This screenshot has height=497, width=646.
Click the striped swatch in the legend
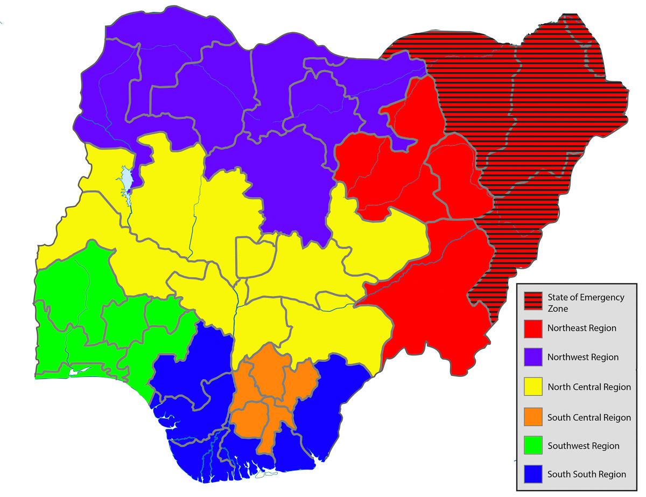[533, 302]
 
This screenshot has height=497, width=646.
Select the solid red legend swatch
[533, 328]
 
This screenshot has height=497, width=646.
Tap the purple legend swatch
[533, 357]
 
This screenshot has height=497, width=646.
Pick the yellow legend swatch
[533, 387]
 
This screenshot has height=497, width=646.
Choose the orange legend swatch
[533, 417]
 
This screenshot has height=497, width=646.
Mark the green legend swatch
[533, 446]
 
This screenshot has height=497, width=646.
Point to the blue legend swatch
[533, 474]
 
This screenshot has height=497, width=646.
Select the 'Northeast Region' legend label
[582, 328]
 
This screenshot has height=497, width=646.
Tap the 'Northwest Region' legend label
[583, 357]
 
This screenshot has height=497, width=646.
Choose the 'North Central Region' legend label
[589, 387]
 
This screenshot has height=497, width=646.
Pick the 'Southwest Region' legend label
[583, 446]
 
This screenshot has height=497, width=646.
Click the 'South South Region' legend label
[587, 474]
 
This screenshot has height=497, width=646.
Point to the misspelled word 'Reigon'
[617, 417]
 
